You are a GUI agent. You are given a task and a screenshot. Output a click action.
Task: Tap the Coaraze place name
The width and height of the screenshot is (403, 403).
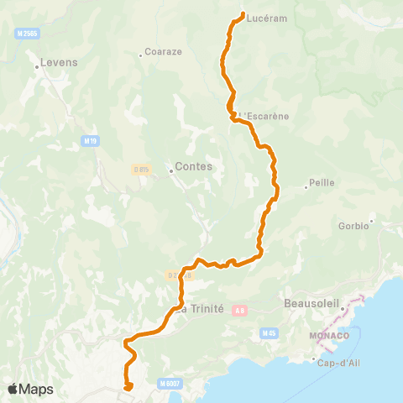tap(164, 51)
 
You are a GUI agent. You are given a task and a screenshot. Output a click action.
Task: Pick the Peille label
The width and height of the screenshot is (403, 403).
tap(322, 181)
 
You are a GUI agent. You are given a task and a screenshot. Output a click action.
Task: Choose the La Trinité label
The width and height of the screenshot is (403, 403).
tap(201, 308)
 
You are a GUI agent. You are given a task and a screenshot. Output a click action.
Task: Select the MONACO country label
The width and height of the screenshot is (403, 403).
tap(323, 337)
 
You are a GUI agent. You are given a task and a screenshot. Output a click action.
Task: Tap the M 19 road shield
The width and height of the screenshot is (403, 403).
tap(91, 140)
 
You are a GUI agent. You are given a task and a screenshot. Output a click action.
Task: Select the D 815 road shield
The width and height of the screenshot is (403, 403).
tap(141, 170)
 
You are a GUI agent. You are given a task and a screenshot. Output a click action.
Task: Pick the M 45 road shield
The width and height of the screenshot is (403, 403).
tap(269, 333)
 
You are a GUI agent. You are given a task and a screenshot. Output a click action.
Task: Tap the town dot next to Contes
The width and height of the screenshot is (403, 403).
tap(170, 171)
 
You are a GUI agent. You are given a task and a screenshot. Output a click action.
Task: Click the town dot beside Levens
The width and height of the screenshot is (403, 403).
tap(38, 65)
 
